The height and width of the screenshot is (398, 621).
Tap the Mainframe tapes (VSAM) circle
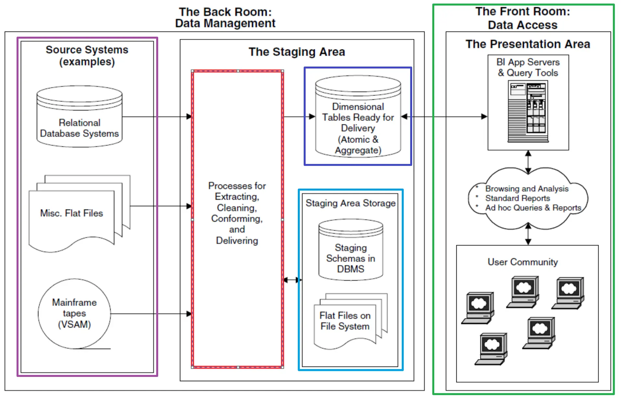74,314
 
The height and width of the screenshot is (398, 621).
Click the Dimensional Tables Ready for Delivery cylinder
358,117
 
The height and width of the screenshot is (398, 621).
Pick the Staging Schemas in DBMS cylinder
351,250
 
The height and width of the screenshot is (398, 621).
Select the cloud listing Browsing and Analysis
527,198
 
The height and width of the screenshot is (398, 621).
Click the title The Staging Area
297,52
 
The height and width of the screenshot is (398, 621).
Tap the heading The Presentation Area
528,44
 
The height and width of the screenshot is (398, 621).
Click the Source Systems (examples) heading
87,56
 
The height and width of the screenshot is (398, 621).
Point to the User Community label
523,262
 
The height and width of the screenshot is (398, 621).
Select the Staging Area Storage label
350,203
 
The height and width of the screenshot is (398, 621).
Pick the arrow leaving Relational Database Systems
156,117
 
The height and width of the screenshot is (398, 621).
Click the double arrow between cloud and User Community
528,234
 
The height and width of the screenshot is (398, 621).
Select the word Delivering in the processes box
237,241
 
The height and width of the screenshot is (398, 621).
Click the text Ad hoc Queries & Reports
533,208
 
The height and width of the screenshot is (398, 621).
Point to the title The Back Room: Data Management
225,18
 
